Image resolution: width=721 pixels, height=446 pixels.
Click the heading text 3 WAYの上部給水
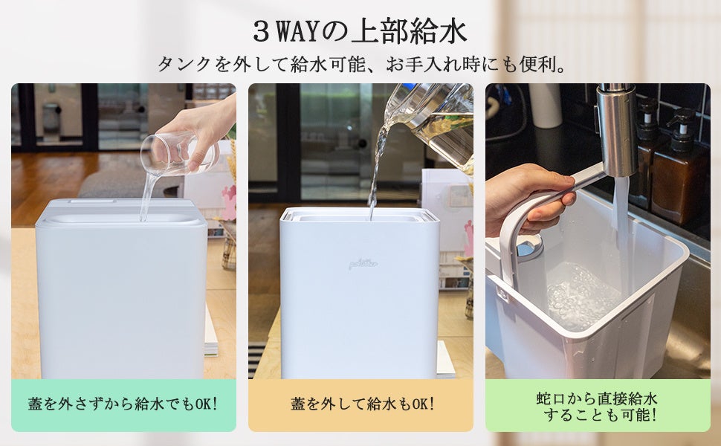[x=360, y=32]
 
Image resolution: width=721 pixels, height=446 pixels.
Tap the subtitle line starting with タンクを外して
[x=362, y=65]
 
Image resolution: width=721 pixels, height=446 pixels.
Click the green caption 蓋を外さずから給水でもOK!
[x=123, y=404]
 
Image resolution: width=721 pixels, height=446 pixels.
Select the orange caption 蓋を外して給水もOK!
[x=362, y=404]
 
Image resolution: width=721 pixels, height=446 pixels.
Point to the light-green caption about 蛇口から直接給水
[x=598, y=407]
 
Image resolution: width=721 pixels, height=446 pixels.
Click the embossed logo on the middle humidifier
[x=363, y=264]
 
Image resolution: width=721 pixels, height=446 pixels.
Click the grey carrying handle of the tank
[x=543, y=216]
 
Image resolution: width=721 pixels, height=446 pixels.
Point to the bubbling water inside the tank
[x=582, y=294]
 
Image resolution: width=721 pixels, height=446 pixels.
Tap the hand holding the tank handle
[x=528, y=198]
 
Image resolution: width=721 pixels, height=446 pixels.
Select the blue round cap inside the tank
[x=528, y=247]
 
